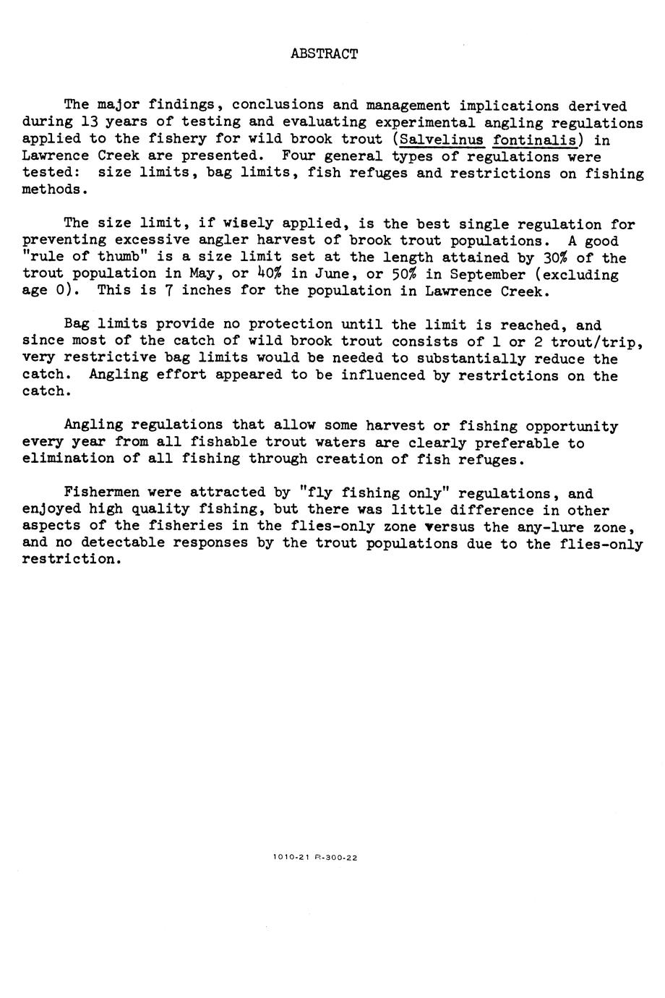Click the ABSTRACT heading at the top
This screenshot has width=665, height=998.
[324, 54]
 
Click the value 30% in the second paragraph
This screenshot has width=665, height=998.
[555, 258]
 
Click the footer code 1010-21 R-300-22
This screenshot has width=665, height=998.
[315, 858]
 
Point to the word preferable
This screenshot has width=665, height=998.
[516, 443]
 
